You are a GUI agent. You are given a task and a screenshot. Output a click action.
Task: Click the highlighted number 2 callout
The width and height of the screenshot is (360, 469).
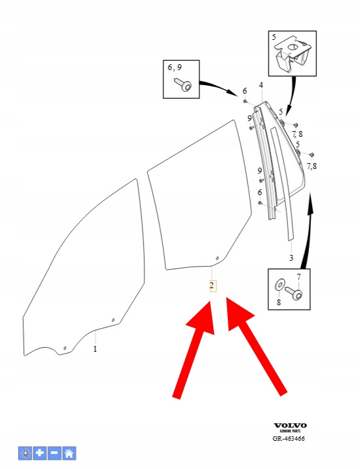click(x=212, y=286)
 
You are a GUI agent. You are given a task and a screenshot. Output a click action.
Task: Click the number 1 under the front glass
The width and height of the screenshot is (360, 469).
click(x=95, y=348)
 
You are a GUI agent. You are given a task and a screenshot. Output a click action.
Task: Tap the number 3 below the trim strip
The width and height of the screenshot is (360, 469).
click(x=291, y=257)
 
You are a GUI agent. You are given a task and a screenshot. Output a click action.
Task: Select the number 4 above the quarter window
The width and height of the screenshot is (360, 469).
click(x=261, y=85)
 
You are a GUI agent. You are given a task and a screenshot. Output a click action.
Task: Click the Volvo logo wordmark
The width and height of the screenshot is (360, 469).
click(x=291, y=425)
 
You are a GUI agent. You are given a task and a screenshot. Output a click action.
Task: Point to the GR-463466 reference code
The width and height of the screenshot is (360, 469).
click(x=289, y=439)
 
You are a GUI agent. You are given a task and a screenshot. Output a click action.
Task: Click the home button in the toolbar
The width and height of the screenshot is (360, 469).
click(x=69, y=453)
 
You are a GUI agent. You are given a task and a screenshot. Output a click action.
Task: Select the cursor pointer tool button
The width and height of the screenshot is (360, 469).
click(x=26, y=453)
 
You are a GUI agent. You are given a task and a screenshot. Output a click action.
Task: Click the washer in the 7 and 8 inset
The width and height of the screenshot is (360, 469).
click(x=279, y=285)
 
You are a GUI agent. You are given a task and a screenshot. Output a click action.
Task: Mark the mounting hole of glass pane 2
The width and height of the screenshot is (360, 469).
click(x=217, y=258)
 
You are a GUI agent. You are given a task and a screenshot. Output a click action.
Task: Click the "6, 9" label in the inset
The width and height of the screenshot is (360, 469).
click(x=175, y=67)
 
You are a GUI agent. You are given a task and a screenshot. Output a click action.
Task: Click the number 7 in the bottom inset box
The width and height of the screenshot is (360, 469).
click(x=298, y=277)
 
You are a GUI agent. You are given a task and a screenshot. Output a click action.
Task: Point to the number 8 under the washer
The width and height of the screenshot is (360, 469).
click(x=279, y=303)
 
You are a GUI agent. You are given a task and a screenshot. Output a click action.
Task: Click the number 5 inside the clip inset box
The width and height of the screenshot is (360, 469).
click(x=274, y=37)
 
